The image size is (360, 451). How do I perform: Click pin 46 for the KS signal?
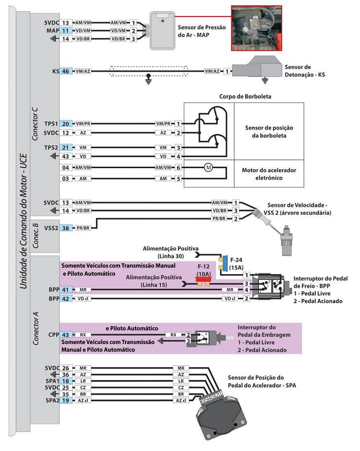click(x=66, y=71)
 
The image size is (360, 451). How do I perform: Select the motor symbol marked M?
click(x=208, y=167)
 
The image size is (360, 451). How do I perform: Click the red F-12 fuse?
click(x=199, y=280)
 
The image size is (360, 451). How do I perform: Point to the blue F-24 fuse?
click(x=224, y=260)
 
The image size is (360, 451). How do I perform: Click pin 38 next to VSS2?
click(x=66, y=227)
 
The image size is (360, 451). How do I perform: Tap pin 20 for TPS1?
click(x=66, y=124)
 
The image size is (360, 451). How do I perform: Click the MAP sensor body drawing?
click(x=162, y=31)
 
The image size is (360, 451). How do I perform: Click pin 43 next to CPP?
click(x=66, y=334)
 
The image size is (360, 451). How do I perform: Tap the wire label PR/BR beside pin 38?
click(x=84, y=227)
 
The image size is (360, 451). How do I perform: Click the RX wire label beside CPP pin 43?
click(x=83, y=334)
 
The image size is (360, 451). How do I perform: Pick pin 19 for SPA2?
click(x=66, y=400)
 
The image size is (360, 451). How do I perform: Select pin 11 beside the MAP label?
click(x=66, y=31)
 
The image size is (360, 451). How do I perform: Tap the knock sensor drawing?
click(x=255, y=69)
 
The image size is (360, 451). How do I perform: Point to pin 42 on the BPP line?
click(x=66, y=298)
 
